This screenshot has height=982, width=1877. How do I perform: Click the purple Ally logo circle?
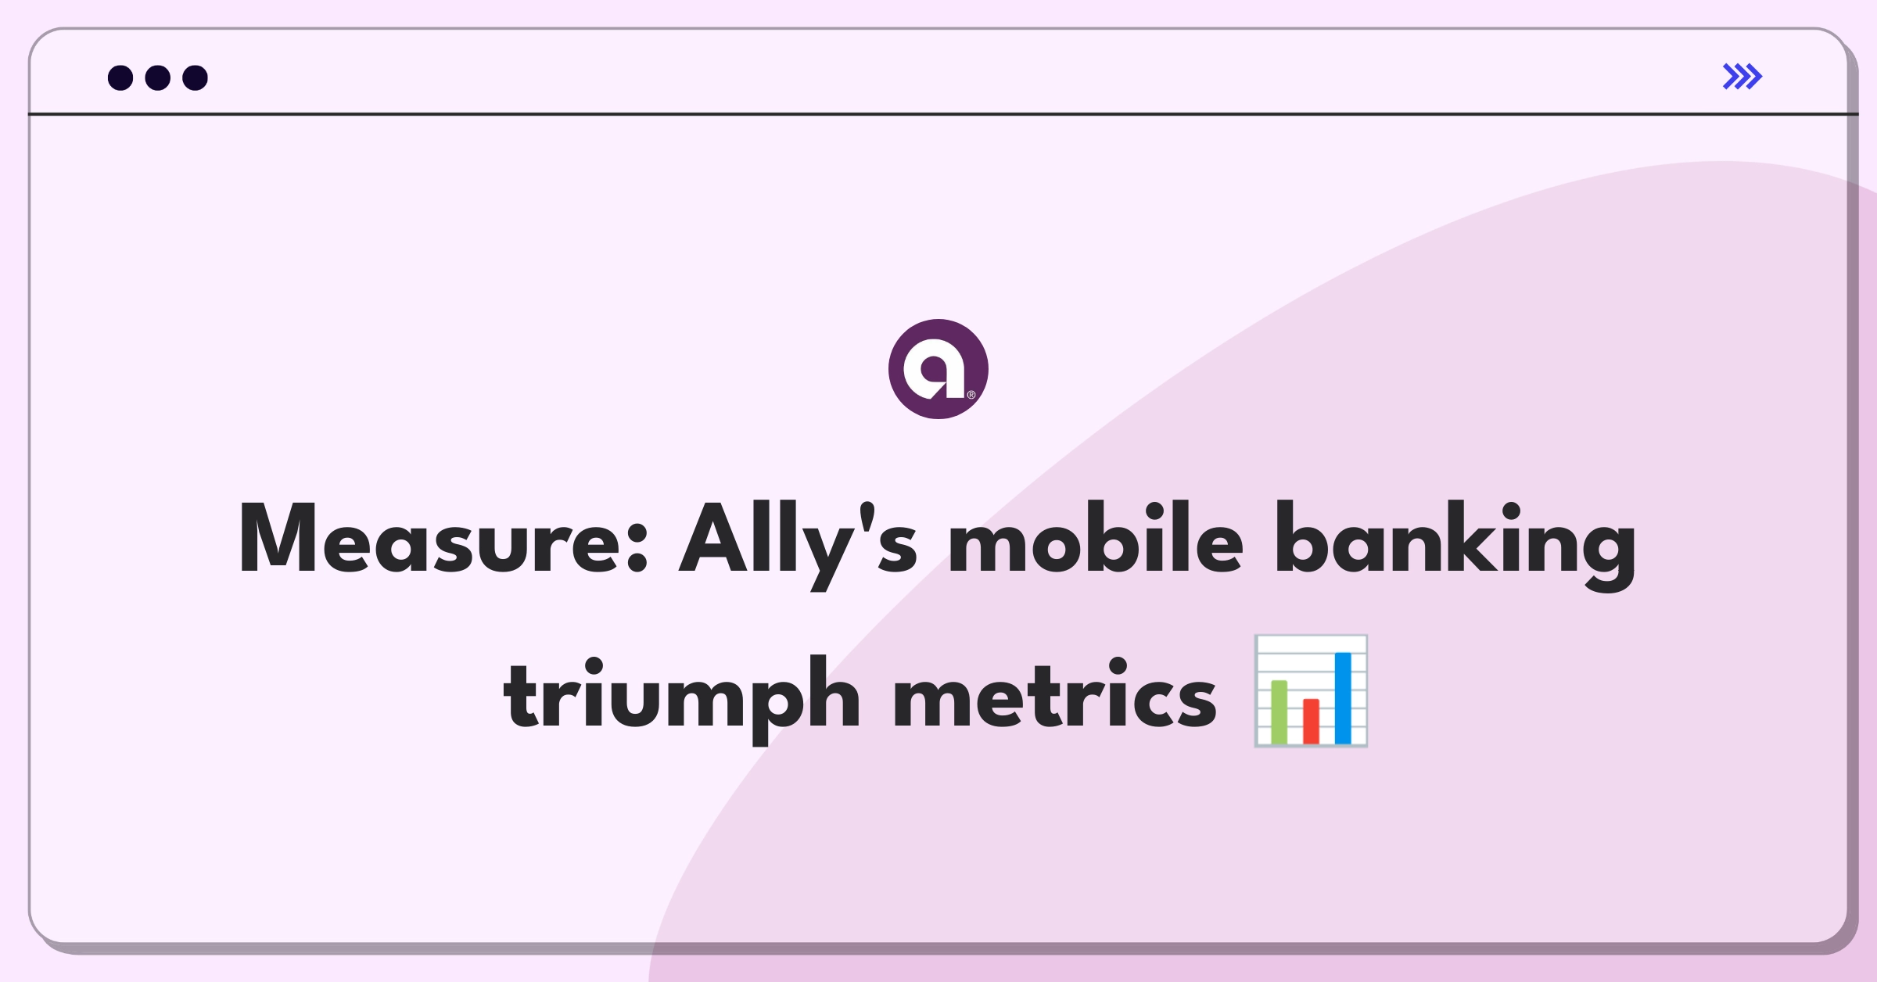click(x=938, y=369)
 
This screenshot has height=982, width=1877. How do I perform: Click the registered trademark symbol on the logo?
click(x=971, y=395)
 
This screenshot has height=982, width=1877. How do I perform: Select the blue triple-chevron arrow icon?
click(x=1742, y=77)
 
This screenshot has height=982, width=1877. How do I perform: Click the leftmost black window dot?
click(x=120, y=77)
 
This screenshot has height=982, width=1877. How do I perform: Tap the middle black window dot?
click(x=158, y=77)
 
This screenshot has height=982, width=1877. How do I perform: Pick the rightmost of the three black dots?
click(x=196, y=77)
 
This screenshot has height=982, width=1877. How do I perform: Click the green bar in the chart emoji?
click(x=1279, y=712)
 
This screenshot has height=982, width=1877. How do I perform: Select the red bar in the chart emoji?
click(x=1311, y=722)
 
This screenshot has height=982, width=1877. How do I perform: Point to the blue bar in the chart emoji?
click(x=1343, y=698)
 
